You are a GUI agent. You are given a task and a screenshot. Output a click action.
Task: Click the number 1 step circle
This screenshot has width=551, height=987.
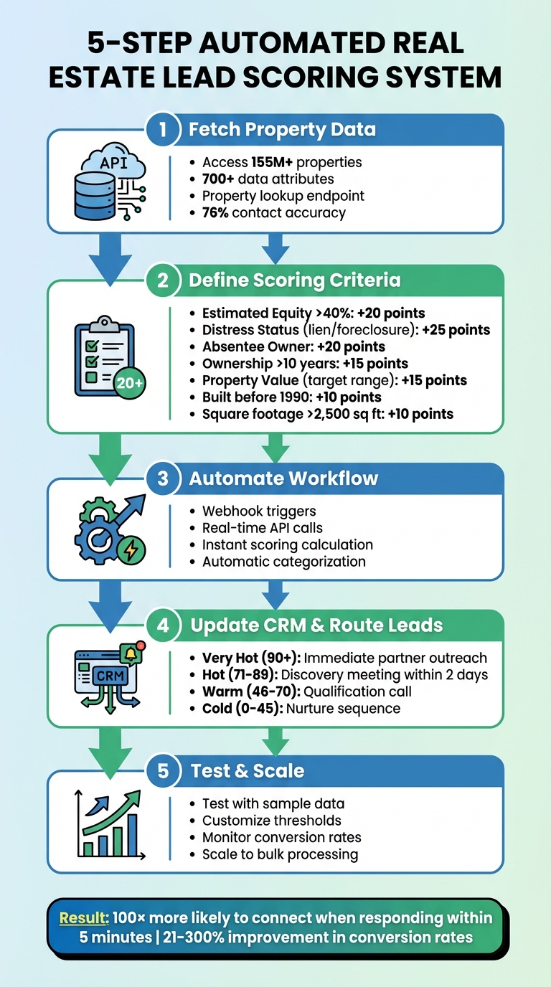[x=163, y=130]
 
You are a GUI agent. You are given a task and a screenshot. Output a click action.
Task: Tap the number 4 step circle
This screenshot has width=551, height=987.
[x=164, y=625]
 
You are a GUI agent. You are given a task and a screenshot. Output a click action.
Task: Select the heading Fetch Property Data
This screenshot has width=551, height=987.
[x=282, y=130]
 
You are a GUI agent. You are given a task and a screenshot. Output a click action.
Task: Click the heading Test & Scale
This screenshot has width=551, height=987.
[x=248, y=770]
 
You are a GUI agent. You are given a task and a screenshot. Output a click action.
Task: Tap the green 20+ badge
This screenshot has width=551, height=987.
[x=130, y=383]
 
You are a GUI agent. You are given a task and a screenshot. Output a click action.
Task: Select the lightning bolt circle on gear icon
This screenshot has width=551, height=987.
[x=131, y=550]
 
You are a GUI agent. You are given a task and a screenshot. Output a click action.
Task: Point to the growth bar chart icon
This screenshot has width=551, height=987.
[x=109, y=825]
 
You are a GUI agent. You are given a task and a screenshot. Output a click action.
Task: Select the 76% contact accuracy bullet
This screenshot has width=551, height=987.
[x=273, y=212]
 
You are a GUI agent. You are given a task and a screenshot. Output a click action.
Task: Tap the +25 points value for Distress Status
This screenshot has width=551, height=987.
[x=456, y=330]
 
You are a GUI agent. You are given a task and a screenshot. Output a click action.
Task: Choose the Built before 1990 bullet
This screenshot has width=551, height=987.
[x=291, y=397]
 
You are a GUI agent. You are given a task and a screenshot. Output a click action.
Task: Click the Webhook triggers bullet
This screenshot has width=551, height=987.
[x=259, y=511]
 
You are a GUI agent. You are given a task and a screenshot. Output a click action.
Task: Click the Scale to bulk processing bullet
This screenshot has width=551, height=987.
[x=280, y=854]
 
